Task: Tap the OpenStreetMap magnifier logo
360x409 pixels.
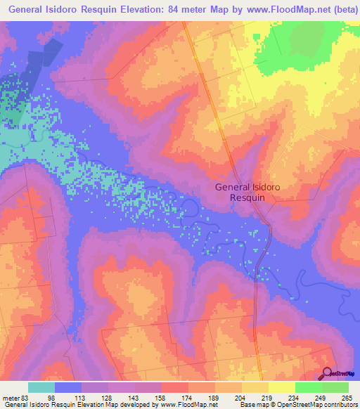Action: pos(328,373)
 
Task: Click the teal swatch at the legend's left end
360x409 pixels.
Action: pos(41,387)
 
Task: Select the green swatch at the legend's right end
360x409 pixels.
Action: pos(335,387)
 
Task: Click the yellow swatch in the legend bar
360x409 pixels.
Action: pos(281,387)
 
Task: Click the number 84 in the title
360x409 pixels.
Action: pos(161,10)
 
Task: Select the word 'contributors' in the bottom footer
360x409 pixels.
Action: pos(340,405)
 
